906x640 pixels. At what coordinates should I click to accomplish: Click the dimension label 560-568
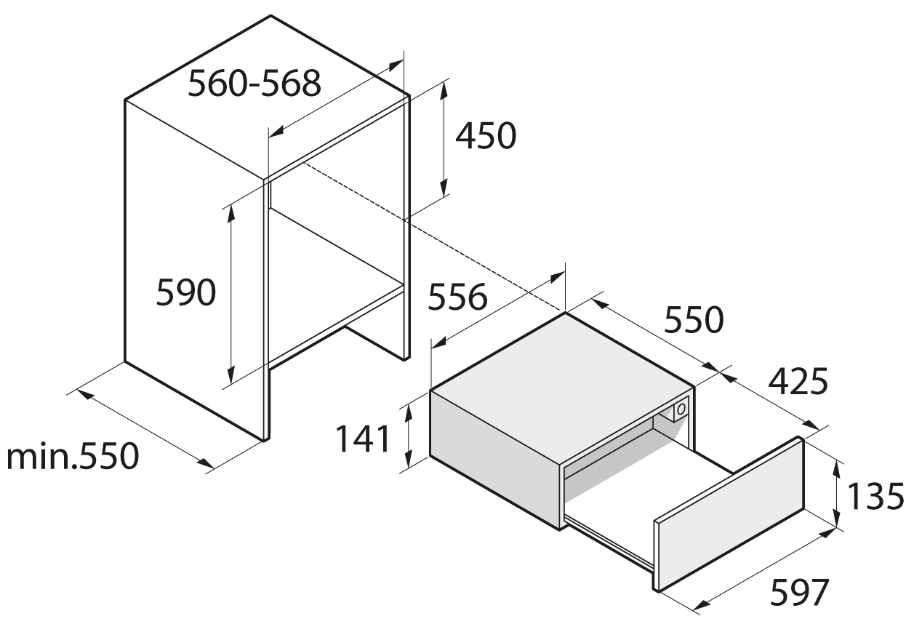click(x=254, y=84)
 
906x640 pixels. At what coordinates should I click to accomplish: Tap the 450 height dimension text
click(x=486, y=135)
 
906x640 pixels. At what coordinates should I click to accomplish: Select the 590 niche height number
click(x=185, y=292)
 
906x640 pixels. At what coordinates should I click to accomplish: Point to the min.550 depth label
click(x=73, y=456)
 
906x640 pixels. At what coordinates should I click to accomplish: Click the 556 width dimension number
click(x=457, y=297)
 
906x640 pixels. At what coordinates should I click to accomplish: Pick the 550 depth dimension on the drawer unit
click(x=694, y=319)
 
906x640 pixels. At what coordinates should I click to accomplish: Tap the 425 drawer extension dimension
click(x=798, y=381)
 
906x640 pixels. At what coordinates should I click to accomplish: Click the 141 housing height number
click(x=363, y=438)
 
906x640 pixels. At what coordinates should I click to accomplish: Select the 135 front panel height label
click(x=875, y=497)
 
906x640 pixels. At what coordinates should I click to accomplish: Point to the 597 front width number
click(x=799, y=592)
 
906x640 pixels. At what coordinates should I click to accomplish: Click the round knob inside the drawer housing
click(x=681, y=409)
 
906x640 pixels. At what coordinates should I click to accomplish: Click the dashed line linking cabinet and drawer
click(x=435, y=238)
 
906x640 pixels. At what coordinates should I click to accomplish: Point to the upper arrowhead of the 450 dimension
click(x=444, y=89)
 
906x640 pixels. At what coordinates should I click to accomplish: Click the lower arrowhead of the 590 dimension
click(x=231, y=375)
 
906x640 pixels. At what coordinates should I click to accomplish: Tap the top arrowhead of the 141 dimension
click(x=409, y=413)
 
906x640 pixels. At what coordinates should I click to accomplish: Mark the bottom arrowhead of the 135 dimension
click(x=836, y=519)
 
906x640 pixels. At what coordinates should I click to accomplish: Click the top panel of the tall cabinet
click(x=268, y=97)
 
